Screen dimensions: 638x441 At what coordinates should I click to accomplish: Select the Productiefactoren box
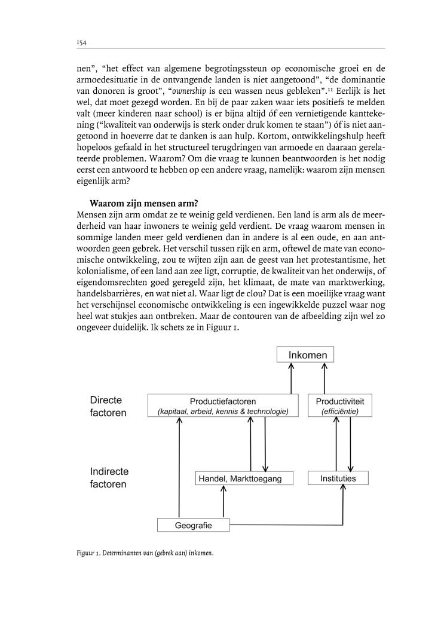tap(222, 406)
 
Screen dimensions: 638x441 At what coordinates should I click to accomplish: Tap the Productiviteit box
tap(339, 406)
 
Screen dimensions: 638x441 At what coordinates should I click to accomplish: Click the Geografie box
tap(194, 525)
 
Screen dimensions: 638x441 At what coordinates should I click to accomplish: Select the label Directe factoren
tap(109, 407)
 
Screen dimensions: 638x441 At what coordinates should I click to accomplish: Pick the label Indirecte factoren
tap(109, 478)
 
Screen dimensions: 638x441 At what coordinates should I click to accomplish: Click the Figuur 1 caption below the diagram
tap(145, 553)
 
